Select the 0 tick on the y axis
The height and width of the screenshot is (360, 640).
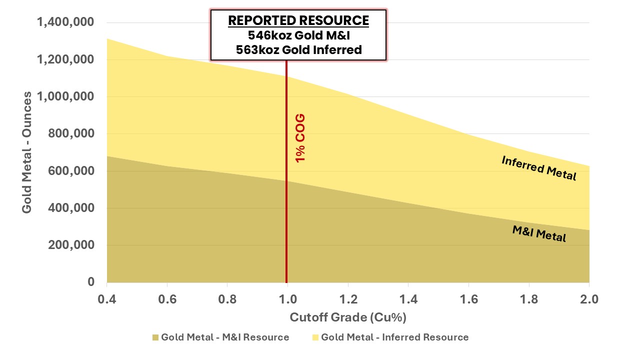(x=90, y=282)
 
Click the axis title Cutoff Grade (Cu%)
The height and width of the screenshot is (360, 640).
(x=348, y=317)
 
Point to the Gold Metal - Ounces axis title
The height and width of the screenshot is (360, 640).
(x=27, y=152)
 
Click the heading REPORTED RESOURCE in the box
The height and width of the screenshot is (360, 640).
(x=298, y=21)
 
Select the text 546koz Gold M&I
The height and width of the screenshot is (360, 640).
(x=298, y=35)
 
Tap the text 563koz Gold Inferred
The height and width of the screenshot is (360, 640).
(x=298, y=50)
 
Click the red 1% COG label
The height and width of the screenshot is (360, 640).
(x=300, y=138)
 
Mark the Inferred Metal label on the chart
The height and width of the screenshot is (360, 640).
(x=538, y=168)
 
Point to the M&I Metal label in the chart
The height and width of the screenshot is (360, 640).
(x=539, y=233)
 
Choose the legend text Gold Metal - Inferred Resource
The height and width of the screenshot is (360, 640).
(x=394, y=337)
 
